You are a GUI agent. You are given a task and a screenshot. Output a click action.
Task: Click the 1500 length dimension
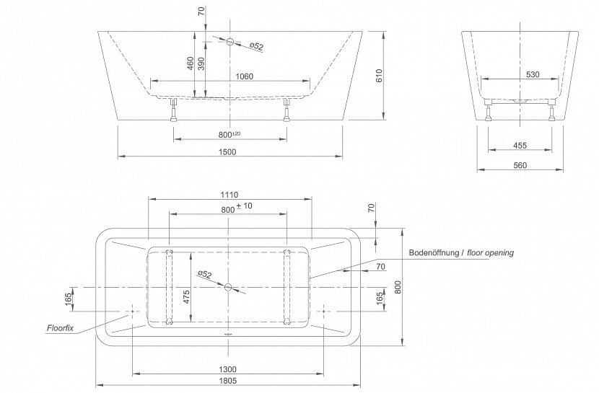[x=227, y=152]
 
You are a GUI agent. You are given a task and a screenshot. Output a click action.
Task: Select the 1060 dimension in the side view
[x=244, y=76]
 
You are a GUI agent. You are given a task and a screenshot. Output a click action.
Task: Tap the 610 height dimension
[x=379, y=76]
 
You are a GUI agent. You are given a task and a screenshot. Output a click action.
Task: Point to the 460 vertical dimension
[x=191, y=63]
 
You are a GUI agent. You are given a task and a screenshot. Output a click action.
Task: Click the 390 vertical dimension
[x=201, y=63]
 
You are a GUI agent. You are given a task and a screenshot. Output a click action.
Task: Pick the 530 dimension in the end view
[x=533, y=74]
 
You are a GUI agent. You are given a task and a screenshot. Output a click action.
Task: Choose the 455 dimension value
[x=520, y=146]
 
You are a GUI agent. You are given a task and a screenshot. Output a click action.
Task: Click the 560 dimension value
[x=520, y=165]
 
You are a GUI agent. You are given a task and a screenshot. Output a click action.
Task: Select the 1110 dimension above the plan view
[x=229, y=195]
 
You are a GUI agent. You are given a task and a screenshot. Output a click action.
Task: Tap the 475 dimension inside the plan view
[x=186, y=297]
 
